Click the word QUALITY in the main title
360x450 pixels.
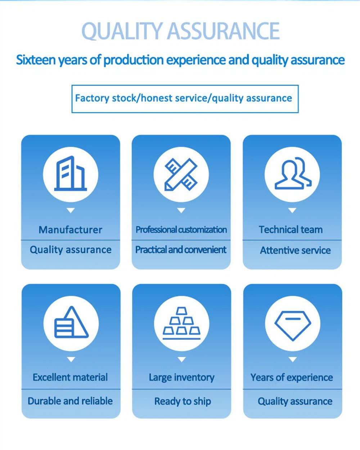[x=122, y=31]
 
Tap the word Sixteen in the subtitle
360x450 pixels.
[x=36, y=60]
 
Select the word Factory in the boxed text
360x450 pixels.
[x=92, y=98]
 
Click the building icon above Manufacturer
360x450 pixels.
[x=71, y=173]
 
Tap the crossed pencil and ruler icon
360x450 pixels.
[x=181, y=174]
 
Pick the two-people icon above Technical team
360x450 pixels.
[x=293, y=173]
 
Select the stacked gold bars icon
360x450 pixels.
[x=181, y=323]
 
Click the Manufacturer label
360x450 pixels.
[x=71, y=230]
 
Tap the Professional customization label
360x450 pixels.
[x=181, y=230]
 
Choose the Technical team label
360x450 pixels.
[x=291, y=230]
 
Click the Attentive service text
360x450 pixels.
[x=295, y=250]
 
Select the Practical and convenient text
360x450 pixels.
[x=181, y=250]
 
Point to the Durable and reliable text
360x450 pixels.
[x=70, y=401]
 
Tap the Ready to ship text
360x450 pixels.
[x=183, y=401]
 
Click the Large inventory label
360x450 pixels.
[x=181, y=378]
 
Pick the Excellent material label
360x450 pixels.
[x=70, y=377]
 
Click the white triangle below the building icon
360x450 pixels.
[x=71, y=210]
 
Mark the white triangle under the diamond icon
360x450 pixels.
[x=293, y=360]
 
